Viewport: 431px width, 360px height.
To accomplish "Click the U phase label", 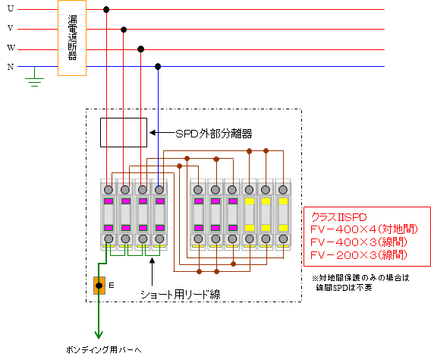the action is tap(11, 8).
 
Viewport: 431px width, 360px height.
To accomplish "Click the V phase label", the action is tap(11, 28).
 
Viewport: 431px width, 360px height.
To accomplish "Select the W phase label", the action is tap(11, 48).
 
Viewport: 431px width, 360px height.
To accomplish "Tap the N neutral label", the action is tap(11, 67).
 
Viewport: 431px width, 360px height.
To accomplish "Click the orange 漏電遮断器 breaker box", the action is tap(72, 38).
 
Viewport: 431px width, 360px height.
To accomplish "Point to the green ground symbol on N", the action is tap(34, 79).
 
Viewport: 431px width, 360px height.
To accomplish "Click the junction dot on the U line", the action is tap(106, 10).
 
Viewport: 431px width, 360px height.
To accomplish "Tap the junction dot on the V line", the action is tap(124, 30).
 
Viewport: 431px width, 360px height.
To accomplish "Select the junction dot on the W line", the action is tap(140, 49).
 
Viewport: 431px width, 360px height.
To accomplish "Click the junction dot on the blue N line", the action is tap(158, 67).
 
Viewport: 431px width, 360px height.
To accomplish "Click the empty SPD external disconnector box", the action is tap(124, 133).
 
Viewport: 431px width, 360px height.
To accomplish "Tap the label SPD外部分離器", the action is tap(214, 134).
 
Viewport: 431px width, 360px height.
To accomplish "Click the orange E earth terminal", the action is tap(99, 286).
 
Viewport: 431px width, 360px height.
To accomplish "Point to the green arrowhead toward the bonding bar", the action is tap(99, 335).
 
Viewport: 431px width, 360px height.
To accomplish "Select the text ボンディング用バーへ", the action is tap(104, 350).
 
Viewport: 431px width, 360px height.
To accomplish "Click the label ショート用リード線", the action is tap(181, 295).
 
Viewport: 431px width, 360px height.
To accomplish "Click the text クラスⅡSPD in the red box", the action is tap(338, 217).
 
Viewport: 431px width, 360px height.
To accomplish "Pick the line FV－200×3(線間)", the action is tap(358, 255).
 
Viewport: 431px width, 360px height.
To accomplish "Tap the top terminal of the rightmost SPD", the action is tap(283, 189).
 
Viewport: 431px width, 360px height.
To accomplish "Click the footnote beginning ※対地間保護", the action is tap(360, 283).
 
